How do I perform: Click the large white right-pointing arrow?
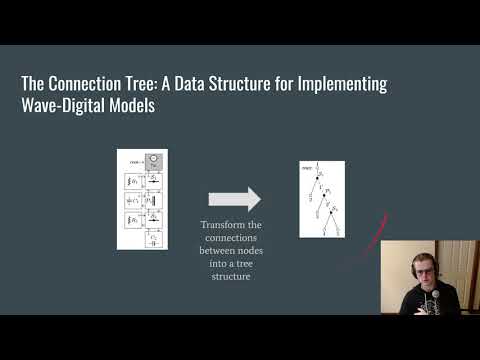pos(234,199)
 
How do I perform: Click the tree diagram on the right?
pos(322,199)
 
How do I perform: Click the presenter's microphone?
pos(429,301)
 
